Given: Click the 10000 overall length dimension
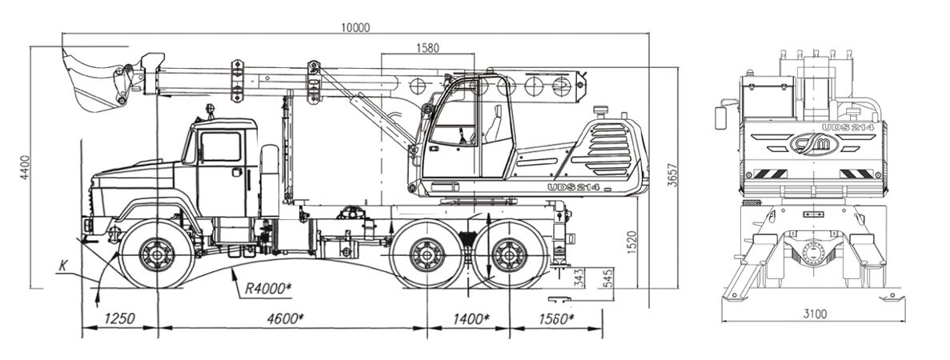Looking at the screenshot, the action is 355,27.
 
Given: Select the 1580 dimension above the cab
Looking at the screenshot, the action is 427,48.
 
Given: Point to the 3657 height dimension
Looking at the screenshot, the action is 672,174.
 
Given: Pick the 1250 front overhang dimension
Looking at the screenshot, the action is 118,318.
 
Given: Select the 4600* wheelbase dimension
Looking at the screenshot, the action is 284,318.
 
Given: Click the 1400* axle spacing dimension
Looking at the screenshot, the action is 470,318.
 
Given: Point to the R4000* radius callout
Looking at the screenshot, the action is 268,289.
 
